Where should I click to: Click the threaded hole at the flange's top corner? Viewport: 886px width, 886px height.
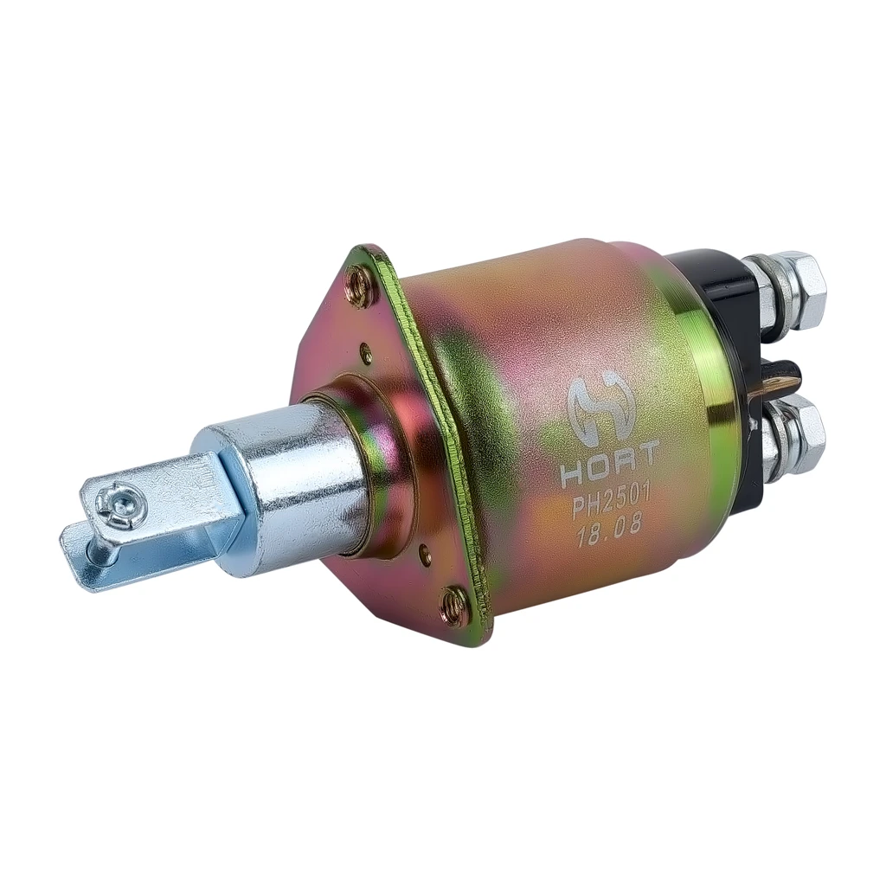coord(357,280)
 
